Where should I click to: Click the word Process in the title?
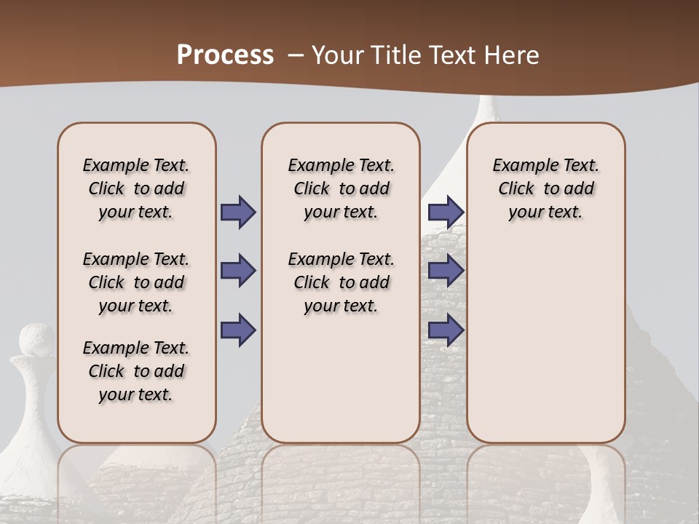click(225, 55)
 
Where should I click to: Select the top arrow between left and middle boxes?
click(238, 213)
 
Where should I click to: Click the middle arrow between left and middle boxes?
click(238, 271)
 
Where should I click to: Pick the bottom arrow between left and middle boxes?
click(238, 330)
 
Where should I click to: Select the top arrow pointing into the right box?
click(446, 213)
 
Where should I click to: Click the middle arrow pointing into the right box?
click(446, 271)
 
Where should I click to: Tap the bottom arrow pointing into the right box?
click(446, 330)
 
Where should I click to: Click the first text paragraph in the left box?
click(136, 188)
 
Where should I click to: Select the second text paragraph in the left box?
click(136, 282)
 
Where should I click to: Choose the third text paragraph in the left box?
click(136, 371)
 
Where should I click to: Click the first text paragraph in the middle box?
click(341, 188)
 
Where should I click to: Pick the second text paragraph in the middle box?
click(341, 282)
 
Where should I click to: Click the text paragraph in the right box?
click(545, 188)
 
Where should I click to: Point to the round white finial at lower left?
click(36, 341)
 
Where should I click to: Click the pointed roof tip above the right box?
click(486, 109)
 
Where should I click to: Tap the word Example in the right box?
click(521, 166)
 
